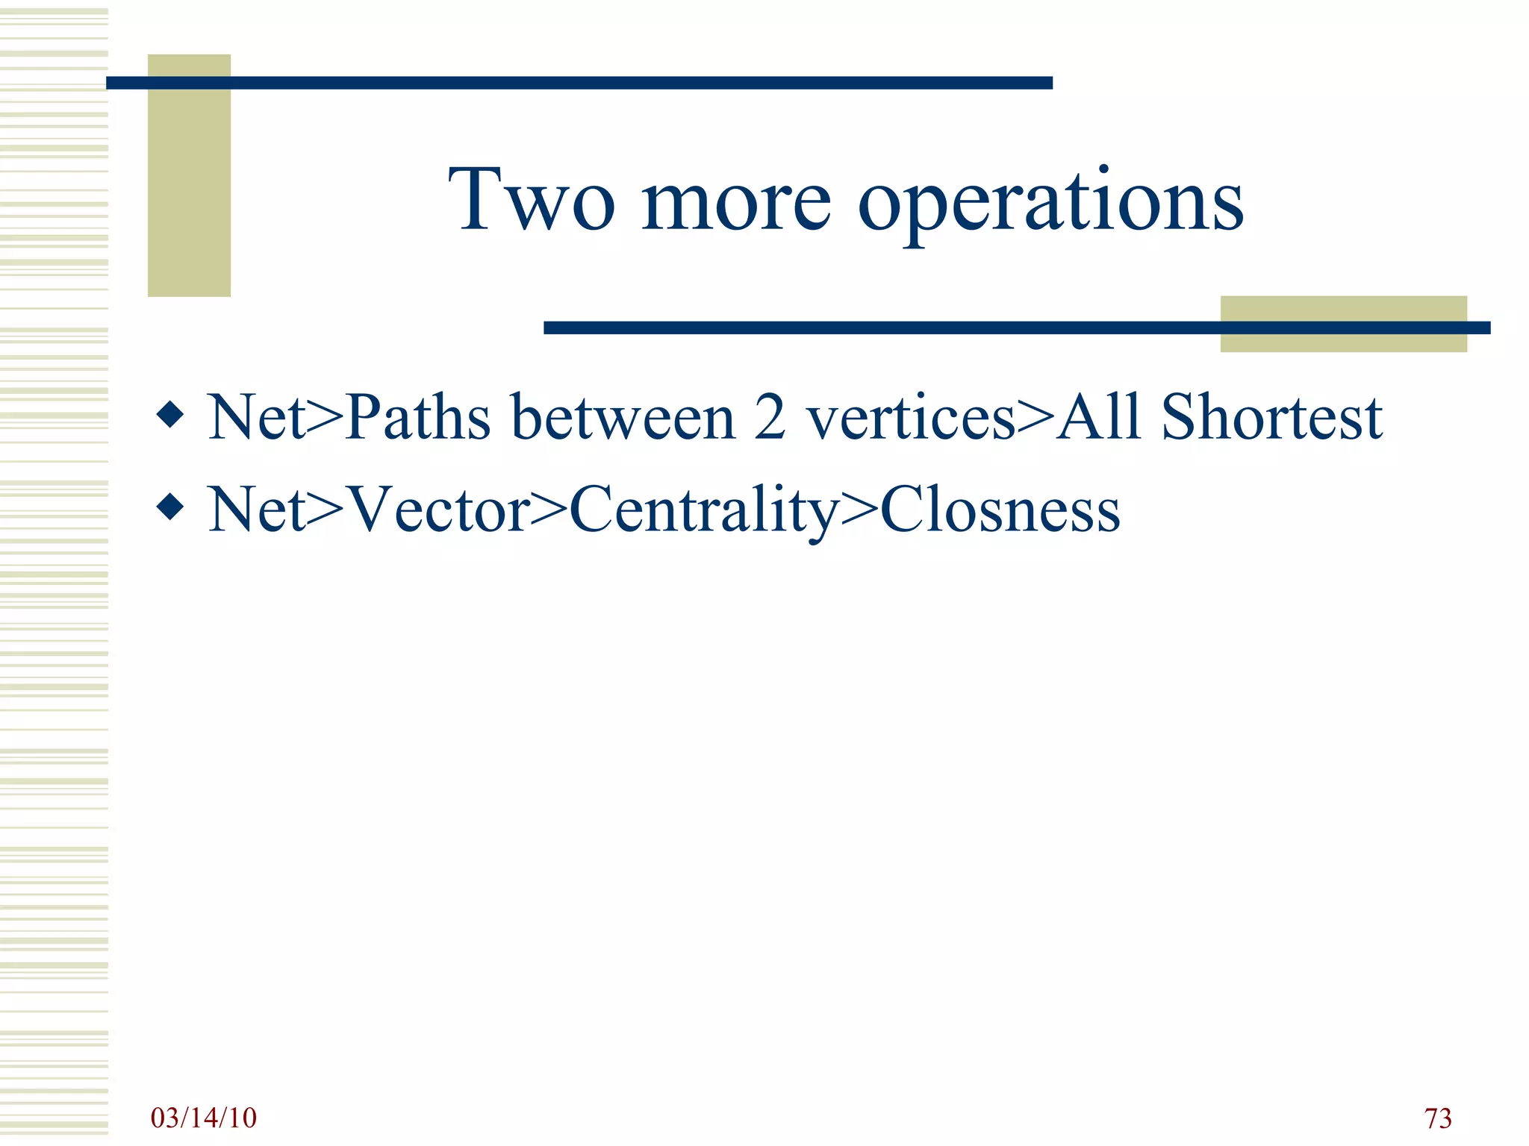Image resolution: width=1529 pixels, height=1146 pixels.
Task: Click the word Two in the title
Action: coord(532,200)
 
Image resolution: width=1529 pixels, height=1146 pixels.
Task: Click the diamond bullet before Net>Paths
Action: coord(171,415)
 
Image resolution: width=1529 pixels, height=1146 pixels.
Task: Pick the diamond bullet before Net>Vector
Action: coord(171,507)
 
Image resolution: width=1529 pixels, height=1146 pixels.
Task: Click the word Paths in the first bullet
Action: coord(418,417)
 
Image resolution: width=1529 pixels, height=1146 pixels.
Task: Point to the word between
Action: coord(623,417)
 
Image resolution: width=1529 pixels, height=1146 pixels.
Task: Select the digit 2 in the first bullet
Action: coord(770,417)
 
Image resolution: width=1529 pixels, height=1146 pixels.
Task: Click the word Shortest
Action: coord(1271,417)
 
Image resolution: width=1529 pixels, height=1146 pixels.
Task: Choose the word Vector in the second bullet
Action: coord(440,510)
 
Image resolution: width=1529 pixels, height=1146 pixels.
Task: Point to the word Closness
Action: coord(1000,510)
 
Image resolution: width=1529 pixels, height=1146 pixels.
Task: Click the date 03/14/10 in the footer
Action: coord(204,1118)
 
